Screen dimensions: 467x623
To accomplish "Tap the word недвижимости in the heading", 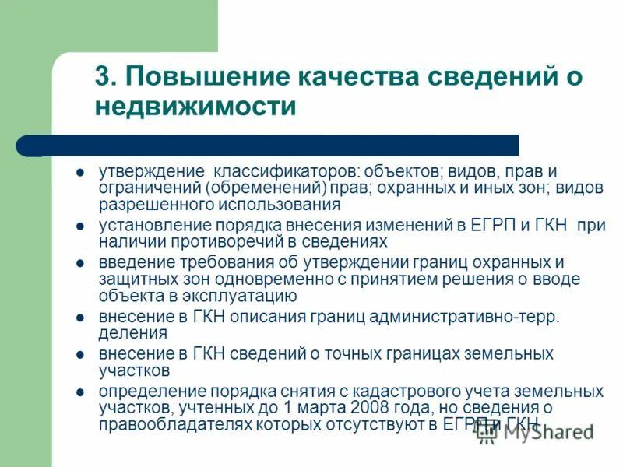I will [x=195, y=107].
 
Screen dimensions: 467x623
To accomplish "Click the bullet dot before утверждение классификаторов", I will [x=80, y=171].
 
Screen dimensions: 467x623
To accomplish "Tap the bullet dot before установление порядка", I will [x=80, y=226].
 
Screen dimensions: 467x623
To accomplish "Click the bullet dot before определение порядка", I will [x=80, y=392].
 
